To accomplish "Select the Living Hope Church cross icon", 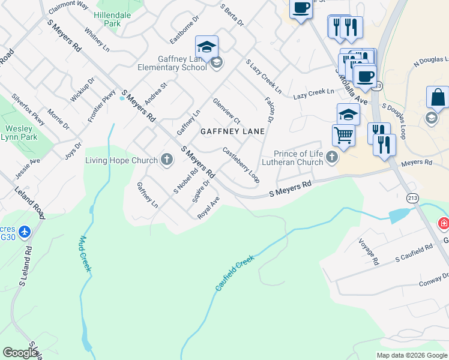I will pyautogui.click(x=167, y=160).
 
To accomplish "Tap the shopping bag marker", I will pyautogui.click(x=438, y=97).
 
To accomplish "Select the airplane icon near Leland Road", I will pyautogui.click(x=24, y=231).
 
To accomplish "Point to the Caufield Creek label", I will pyautogui.click(x=235, y=273).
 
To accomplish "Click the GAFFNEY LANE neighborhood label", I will pyautogui.click(x=232, y=131).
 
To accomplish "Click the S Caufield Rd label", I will pyautogui.click(x=414, y=253).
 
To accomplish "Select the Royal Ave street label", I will pyautogui.click(x=209, y=208).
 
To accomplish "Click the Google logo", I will pyautogui.click(x=20, y=352).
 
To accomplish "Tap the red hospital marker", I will pyautogui.click(x=444, y=224).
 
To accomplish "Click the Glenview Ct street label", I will pyautogui.click(x=227, y=112).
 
